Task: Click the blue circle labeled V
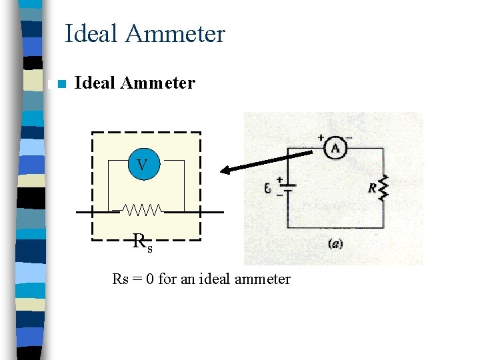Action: [x=142, y=163]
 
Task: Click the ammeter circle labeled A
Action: [x=335, y=149]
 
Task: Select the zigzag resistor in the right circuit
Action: [x=383, y=188]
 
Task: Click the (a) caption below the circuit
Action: [x=335, y=244]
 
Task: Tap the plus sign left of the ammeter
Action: [x=321, y=138]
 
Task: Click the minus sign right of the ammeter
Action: [x=349, y=138]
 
